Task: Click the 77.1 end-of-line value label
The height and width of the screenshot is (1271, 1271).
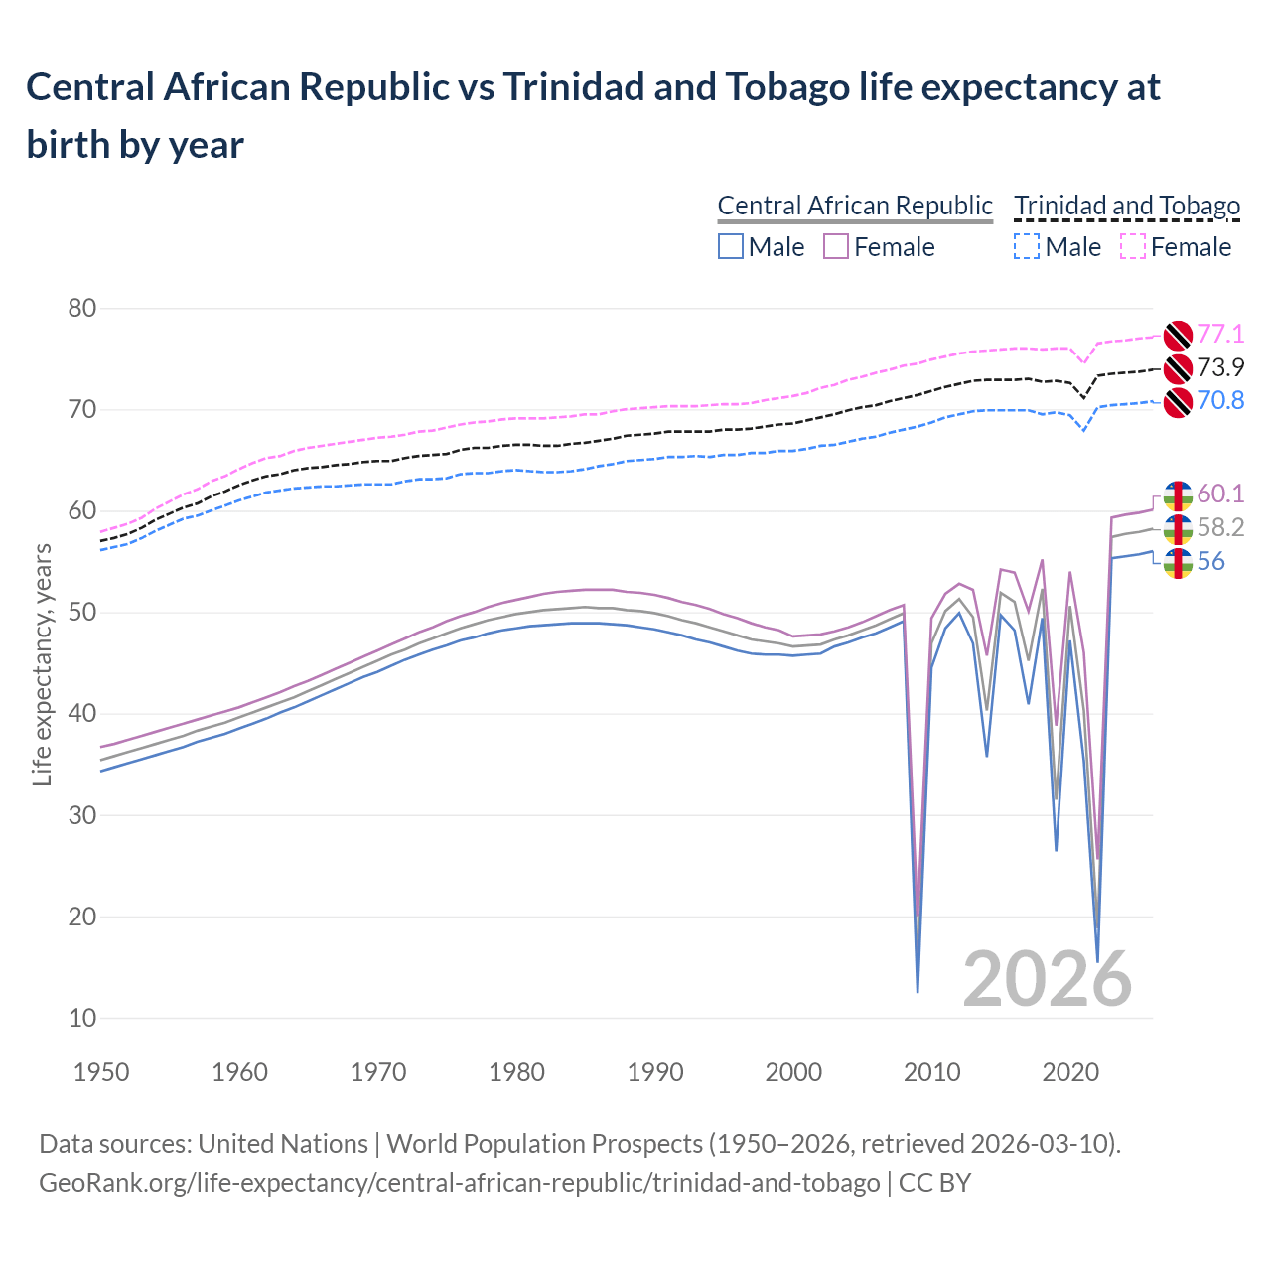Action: pyautogui.click(x=1220, y=334)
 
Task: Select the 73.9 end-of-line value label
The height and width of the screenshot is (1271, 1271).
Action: pyautogui.click(x=1220, y=367)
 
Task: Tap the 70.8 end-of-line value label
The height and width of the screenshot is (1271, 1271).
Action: pyautogui.click(x=1220, y=400)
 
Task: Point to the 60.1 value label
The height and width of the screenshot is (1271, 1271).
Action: pyautogui.click(x=1220, y=494)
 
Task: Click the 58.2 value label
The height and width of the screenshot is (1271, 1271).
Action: pyautogui.click(x=1220, y=527)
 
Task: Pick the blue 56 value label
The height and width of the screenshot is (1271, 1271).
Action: pyautogui.click(x=1210, y=561)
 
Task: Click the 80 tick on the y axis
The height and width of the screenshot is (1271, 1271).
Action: pyautogui.click(x=82, y=308)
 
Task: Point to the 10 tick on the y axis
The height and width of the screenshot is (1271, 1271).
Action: pyautogui.click(x=82, y=1018)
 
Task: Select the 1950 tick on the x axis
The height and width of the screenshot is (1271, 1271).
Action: pyautogui.click(x=102, y=1072)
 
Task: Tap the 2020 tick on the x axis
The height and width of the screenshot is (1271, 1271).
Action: pyautogui.click(x=1070, y=1072)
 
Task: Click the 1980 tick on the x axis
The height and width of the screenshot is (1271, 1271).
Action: pyautogui.click(x=516, y=1072)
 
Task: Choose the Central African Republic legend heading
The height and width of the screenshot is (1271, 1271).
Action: pyautogui.click(x=855, y=206)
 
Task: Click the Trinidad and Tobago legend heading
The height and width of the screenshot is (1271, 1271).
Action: pyautogui.click(x=1127, y=206)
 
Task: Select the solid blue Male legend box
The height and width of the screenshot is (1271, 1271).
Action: pyautogui.click(x=731, y=246)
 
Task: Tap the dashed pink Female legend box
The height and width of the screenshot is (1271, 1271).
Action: pyautogui.click(x=1133, y=246)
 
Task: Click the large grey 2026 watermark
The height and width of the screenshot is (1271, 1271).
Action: pyautogui.click(x=1047, y=979)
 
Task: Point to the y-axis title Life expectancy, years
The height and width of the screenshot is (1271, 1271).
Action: pyautogui.click(x=43, y=664)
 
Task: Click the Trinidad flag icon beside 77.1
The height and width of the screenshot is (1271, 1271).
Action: pyautogui.click(x=1177, y=335)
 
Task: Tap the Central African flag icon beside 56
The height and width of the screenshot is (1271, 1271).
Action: pyautogui.click(x=1177, y=563)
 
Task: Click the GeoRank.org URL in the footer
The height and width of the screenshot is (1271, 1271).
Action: pyautogui.click(x=459, y=1183)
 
